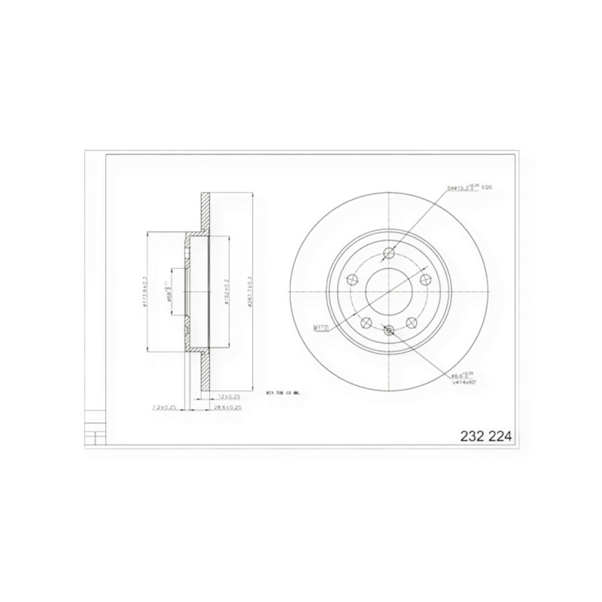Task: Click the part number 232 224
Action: coord(485,436)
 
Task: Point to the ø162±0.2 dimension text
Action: coord(224,292)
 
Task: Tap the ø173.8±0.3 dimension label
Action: coord(144,292)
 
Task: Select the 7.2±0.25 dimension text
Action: coord(163,407)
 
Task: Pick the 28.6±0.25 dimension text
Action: coord(227,407)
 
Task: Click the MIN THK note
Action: coord(283,392)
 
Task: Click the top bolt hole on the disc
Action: coord(388,254)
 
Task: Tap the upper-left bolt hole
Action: coord(352,278)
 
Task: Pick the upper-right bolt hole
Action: coord(424,278)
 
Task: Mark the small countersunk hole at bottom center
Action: coord(388,330)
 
